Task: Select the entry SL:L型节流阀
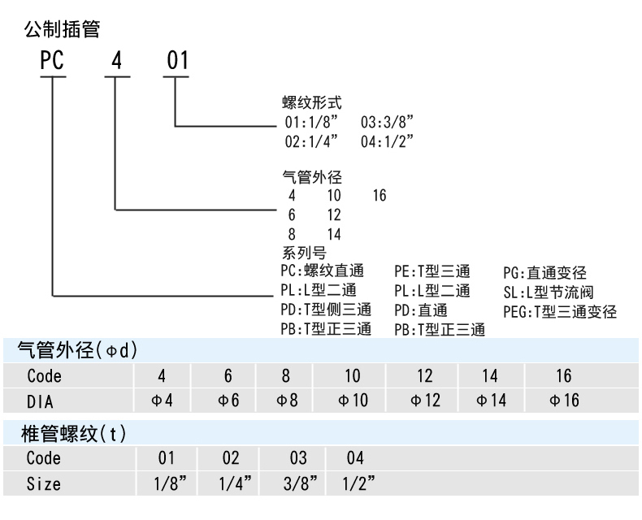point(549,292)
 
